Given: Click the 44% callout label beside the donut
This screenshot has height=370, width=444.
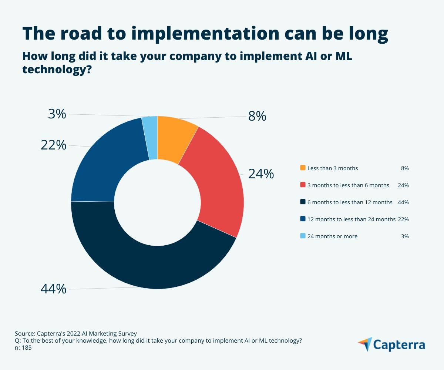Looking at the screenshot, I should [53, 289].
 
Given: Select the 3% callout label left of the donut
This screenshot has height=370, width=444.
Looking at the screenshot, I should [57, 114].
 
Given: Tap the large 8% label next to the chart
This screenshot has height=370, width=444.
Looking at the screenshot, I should [257, 116].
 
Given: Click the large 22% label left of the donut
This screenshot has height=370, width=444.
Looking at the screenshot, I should [53, 145].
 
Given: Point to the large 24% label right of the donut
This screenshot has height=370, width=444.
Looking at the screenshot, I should [261, 174].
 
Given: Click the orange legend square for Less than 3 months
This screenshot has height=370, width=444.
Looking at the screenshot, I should [303, 168].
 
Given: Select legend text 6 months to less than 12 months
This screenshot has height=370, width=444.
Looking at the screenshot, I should [350, 202].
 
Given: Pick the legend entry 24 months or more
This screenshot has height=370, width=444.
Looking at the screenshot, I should [332, 236].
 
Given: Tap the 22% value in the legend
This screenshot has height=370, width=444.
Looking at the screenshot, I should [403, 219].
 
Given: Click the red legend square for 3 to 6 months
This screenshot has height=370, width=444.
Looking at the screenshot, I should [303, 185].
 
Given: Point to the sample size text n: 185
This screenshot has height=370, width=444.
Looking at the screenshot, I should [23, 347].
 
